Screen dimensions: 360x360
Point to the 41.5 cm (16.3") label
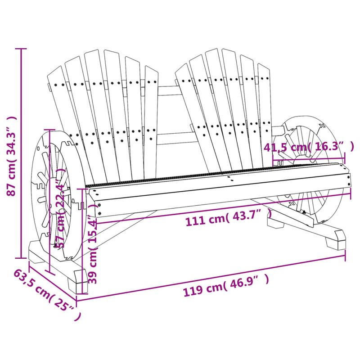[309, 147]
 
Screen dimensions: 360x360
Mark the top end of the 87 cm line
[20, 48]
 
